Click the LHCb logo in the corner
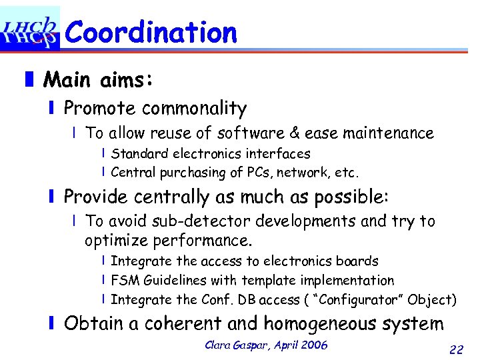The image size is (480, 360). (x=29, y=28)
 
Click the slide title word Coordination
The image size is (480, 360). (x=151, y=32)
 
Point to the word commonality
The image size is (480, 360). (x=194, y=108)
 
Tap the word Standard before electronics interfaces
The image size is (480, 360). (x=138, y=154)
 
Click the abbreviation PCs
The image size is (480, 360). (x=251, y=173)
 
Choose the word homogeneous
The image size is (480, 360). (x=354, y=324)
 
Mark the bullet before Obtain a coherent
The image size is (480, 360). (x=51, y=324)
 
